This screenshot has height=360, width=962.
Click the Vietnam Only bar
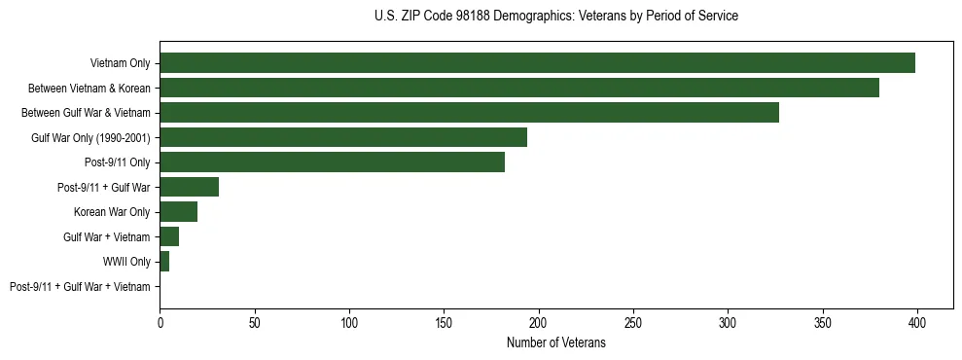point(537,63)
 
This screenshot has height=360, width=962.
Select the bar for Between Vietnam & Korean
point(519,88)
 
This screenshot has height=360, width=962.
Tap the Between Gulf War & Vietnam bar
point(469,113)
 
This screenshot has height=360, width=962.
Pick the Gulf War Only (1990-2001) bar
point(343,137)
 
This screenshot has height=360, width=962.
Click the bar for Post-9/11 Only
point(332,162)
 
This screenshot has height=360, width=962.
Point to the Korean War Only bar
point(179,212)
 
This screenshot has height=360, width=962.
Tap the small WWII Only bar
point(164,262)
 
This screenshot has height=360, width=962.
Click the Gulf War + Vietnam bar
point(169,236)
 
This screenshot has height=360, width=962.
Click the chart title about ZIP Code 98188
point(555,17)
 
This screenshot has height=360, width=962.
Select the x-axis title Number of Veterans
point(555,343)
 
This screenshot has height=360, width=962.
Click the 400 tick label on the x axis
point(917,322)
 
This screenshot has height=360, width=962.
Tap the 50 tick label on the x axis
point(254,322)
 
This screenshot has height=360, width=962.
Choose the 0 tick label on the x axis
point(160,322)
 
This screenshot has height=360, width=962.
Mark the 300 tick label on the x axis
point(728,322)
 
